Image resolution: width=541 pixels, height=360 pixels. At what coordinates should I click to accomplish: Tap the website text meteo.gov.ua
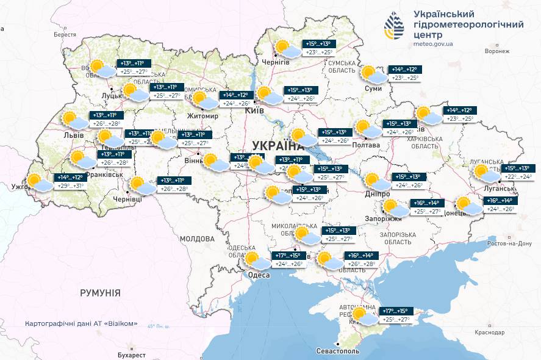(433, 45)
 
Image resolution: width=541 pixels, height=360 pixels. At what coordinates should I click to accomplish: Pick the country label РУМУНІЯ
(100, 293)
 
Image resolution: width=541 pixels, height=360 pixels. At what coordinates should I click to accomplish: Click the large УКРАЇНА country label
(278, 146)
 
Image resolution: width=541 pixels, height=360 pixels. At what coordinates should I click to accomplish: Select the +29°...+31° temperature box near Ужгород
(71, 185)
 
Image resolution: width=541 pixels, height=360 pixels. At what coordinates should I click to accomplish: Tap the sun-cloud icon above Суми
(372, 74)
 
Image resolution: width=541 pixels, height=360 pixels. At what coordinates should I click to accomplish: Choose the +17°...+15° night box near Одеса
(288, 256)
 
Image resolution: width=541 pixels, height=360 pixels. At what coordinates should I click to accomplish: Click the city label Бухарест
(132, 355)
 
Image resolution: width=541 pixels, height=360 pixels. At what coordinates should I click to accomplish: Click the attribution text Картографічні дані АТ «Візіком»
(81, 323)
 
